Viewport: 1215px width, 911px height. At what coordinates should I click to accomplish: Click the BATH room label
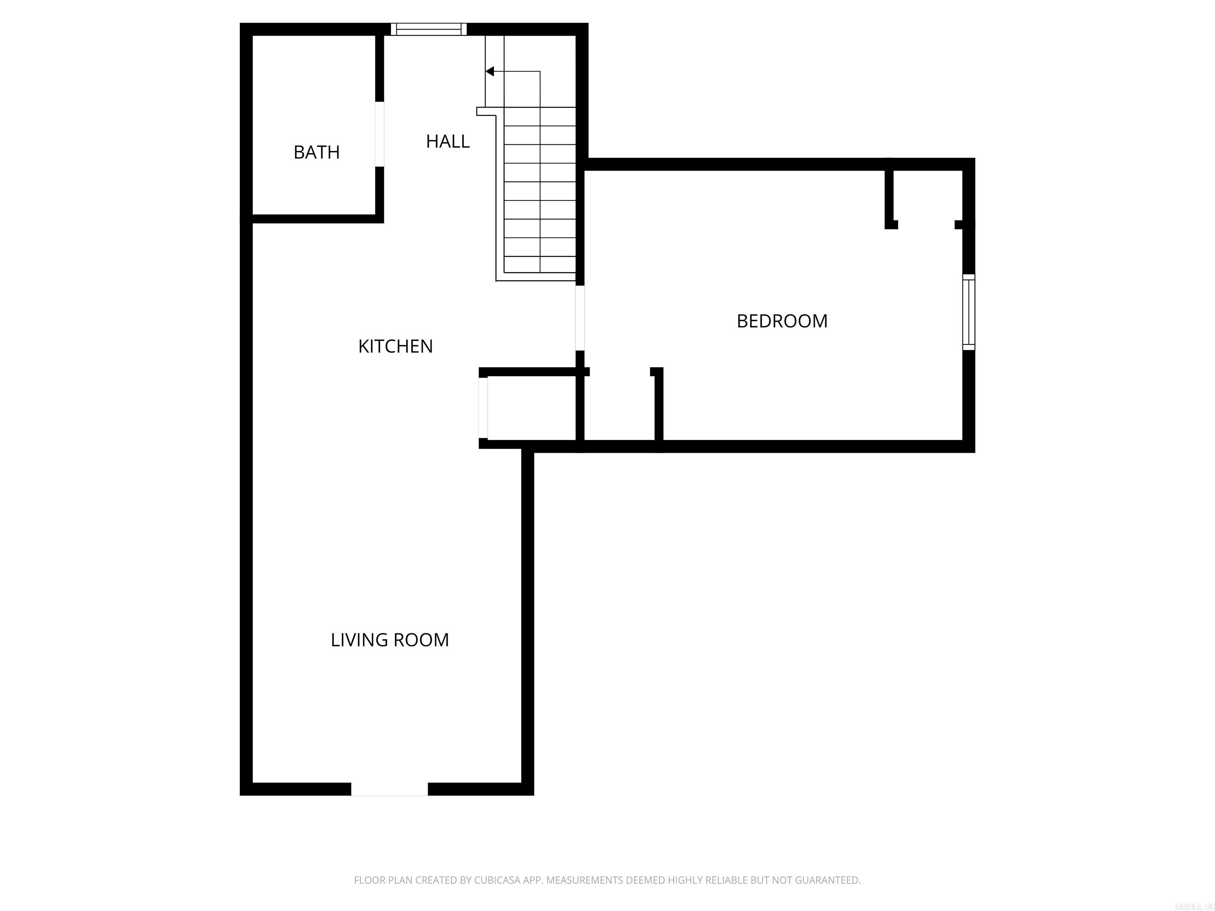point(316,152)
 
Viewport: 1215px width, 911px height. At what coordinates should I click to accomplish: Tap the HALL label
point(448,142)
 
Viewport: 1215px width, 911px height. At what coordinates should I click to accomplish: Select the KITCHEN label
point(396,346)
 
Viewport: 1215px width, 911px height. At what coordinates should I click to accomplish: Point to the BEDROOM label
point(782,321)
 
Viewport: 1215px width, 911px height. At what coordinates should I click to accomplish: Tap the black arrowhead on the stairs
point(490,72)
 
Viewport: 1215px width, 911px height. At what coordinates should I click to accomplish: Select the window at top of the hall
point(428,29)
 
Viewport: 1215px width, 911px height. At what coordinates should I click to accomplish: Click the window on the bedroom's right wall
point(968,312)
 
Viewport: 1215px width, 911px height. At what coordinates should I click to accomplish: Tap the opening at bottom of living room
point(390,789)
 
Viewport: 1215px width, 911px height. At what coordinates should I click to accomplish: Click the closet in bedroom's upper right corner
point(927,198)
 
